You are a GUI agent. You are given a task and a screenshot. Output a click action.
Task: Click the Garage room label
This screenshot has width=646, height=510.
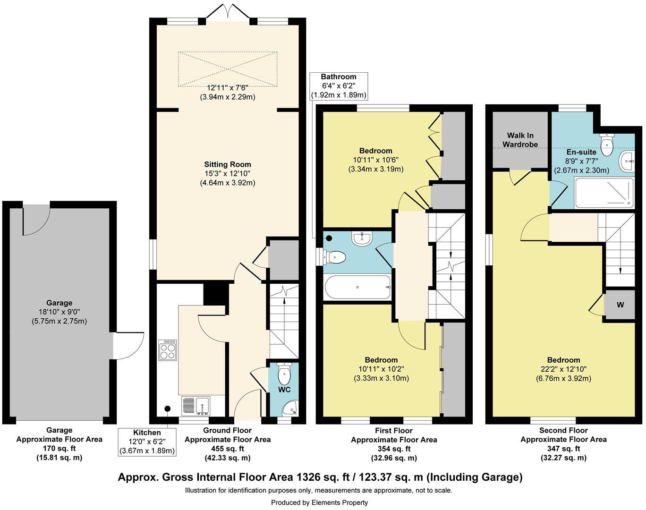(x=59, y=303)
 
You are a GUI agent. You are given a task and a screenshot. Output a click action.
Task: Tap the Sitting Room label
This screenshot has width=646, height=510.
(x=227, y=165)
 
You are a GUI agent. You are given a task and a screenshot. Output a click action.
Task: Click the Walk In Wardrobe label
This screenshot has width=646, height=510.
(x=520, y=140)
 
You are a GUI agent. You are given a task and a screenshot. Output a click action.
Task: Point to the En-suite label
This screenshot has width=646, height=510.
(x=581, y=153)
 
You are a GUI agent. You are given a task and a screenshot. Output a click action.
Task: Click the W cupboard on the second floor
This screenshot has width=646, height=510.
(x=620, y=305)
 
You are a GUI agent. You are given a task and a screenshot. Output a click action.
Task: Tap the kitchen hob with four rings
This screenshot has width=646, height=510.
(x=168, y=350)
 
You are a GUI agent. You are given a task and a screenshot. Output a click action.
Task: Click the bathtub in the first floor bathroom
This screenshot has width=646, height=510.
(x=357, y=287)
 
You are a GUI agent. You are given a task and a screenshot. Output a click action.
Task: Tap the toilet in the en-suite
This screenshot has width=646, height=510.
(x=605, y=141)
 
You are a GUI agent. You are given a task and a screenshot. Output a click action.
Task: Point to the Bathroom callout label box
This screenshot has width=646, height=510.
(x=338, y=85)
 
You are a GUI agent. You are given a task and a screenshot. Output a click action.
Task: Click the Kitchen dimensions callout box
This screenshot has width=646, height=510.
(x=147, y=442)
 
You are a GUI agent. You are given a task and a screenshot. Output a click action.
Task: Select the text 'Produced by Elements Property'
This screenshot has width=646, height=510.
(x=319, y=502)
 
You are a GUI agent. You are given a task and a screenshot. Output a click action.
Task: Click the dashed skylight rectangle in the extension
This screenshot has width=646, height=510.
(x=228, y=69)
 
